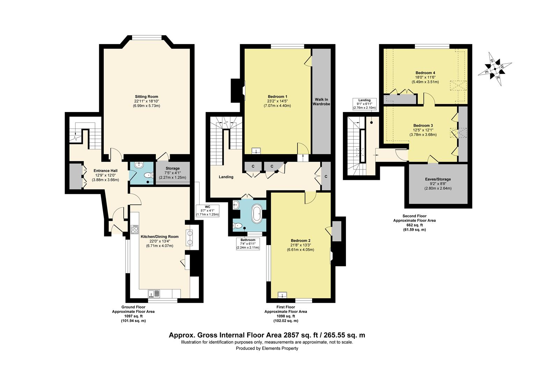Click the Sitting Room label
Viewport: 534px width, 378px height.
(x=146, y=97)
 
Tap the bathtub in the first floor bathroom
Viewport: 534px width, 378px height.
(x=257, y=214)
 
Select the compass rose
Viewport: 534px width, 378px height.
(x=495, y=69)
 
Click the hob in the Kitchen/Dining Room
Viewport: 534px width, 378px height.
(x=135, y=230)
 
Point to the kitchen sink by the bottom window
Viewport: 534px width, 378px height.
(x=154, y=293)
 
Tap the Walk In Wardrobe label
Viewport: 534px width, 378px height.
(x=322, y=102)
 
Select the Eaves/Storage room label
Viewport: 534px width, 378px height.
(x=438, y=179)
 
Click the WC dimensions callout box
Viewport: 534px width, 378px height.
(x=207, y=211)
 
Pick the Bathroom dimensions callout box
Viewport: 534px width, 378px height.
(x=248, y=244)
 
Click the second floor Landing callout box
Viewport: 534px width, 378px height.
(x=365, y=104)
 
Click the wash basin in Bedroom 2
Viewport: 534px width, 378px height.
(x=282, y=295)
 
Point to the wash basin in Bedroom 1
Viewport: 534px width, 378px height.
(x=256, y=151)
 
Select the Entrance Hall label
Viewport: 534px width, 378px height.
(x=106, y=171)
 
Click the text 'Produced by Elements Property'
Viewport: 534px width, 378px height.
(x=267, y=348)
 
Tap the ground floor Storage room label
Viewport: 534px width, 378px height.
(x=173, y=168)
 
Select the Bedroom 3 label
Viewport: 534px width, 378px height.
(x=423, y=126)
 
